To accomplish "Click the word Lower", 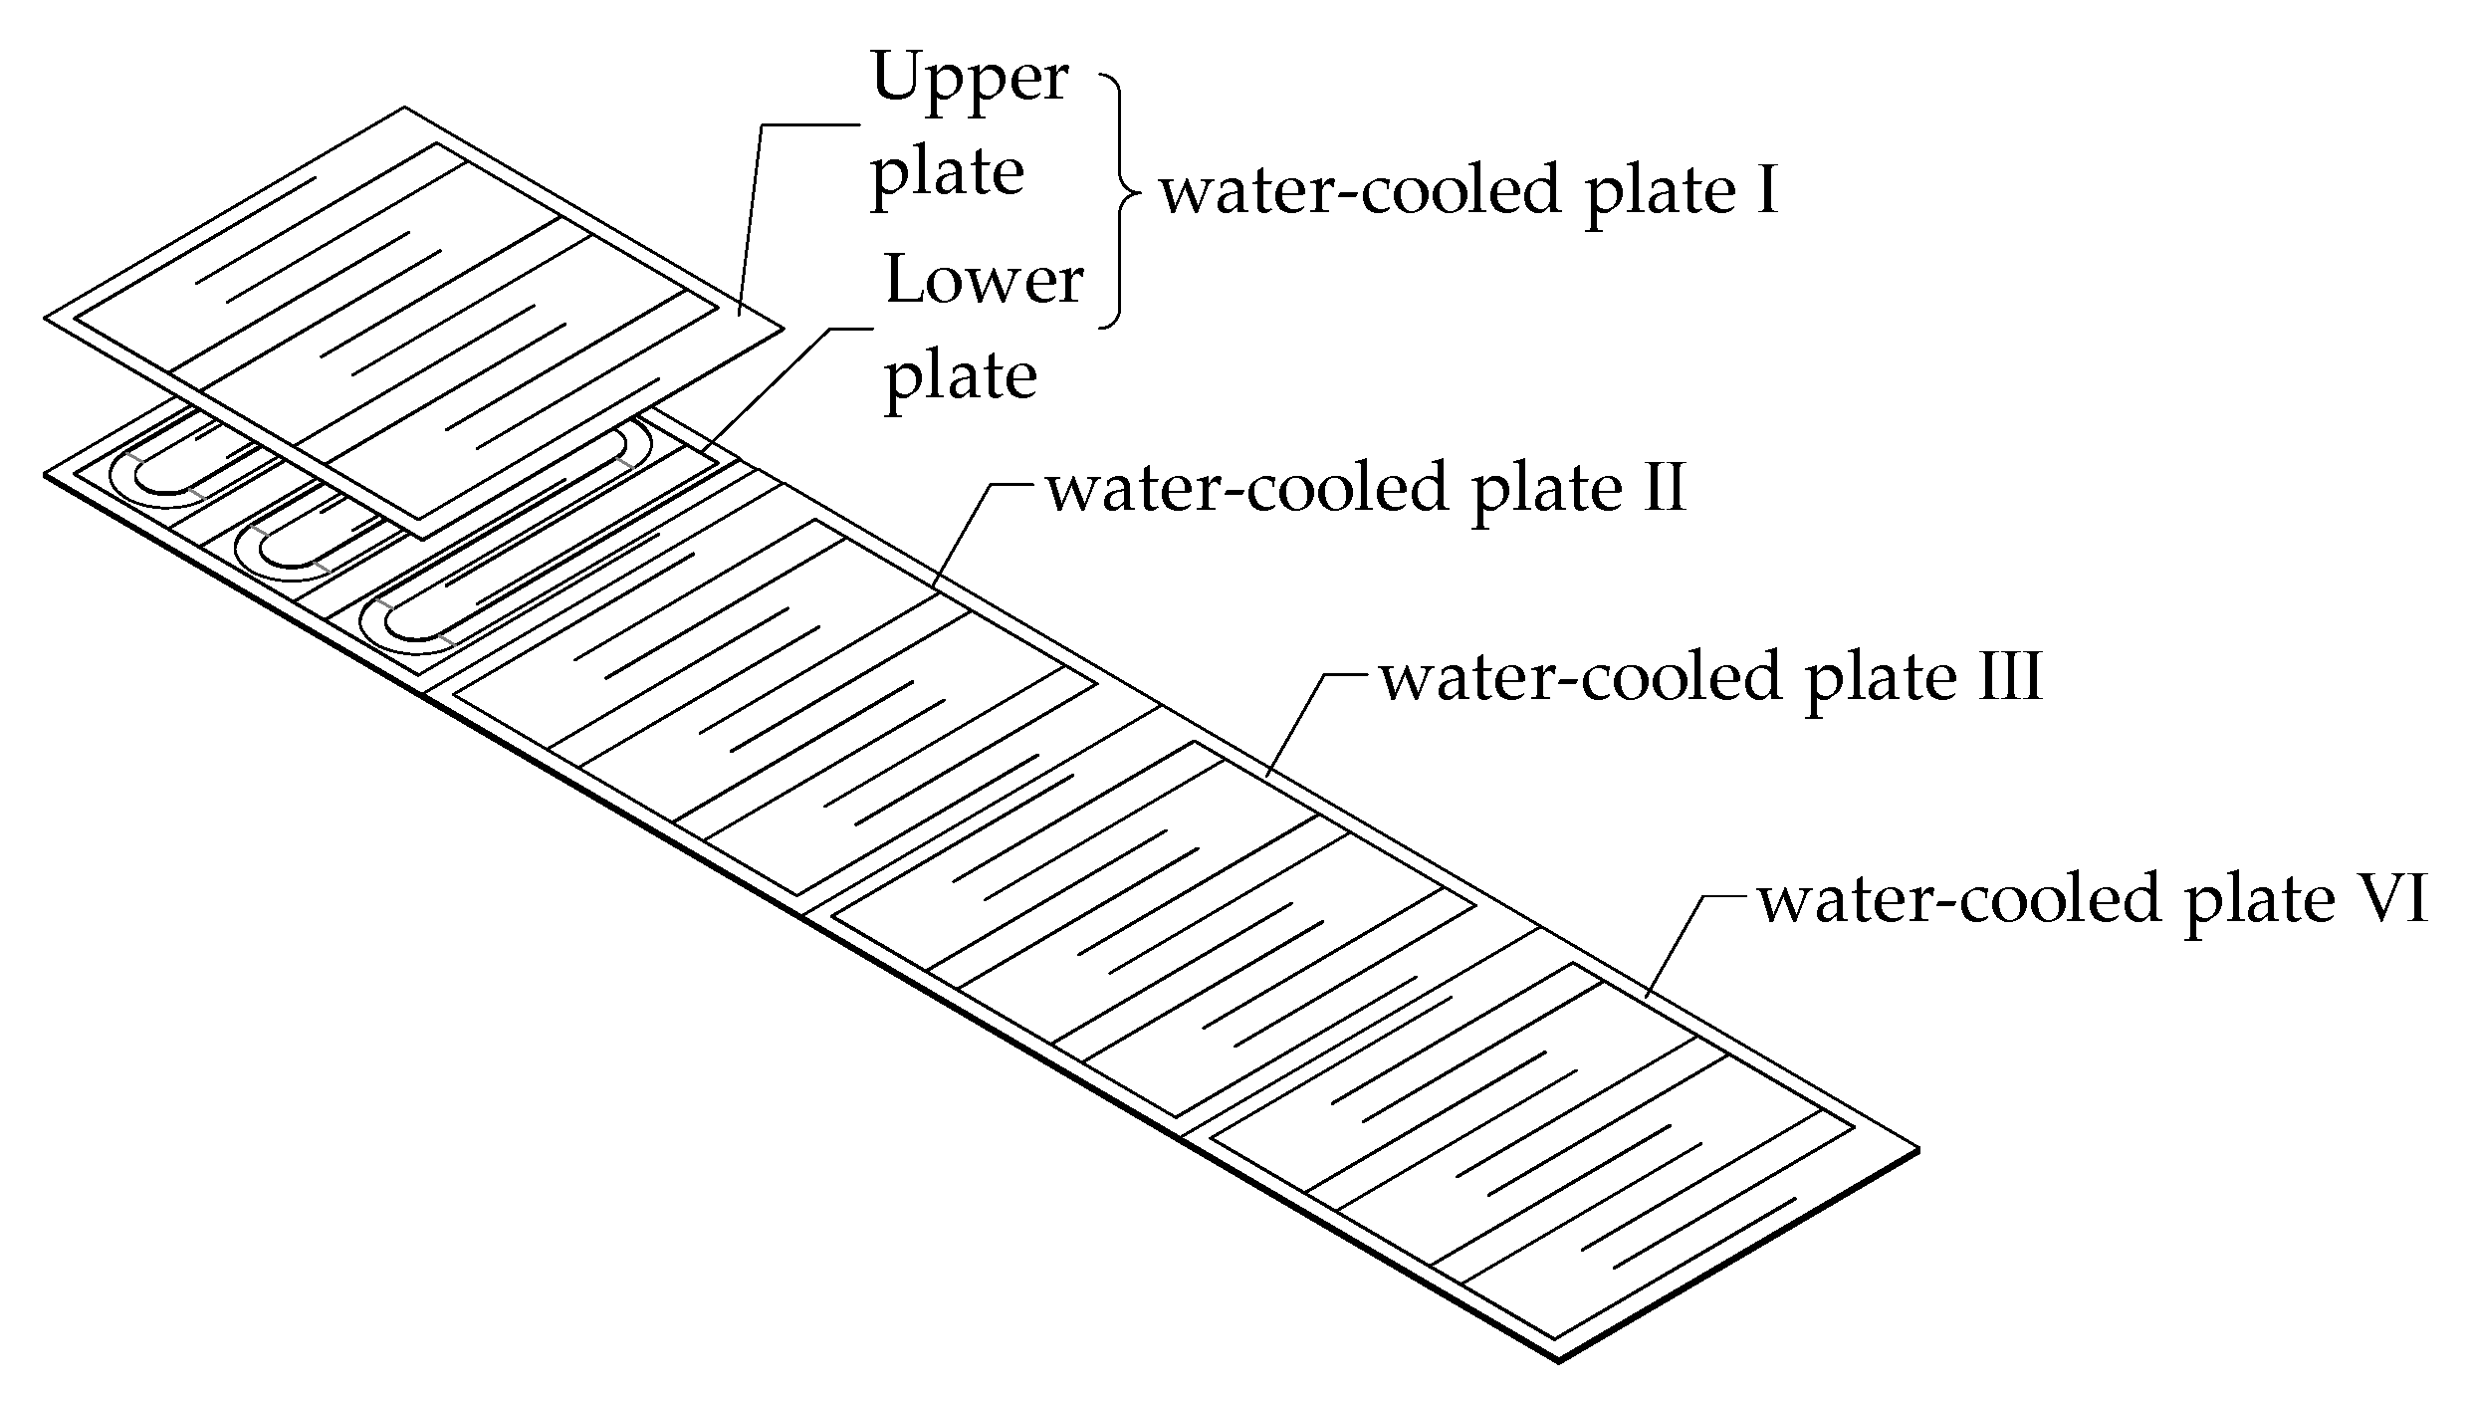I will (x=984, y=281).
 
